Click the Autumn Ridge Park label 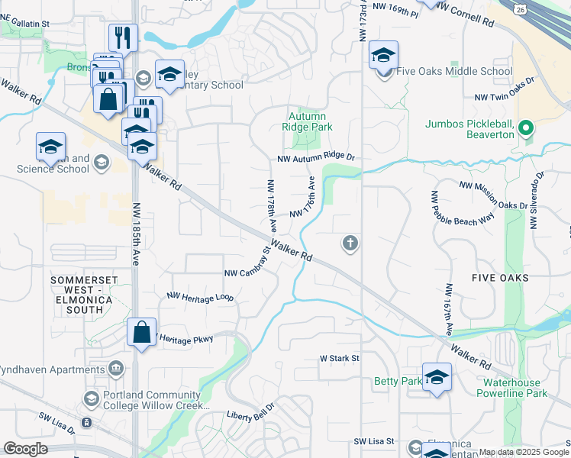coord(308,121)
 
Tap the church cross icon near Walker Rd coord(350,244)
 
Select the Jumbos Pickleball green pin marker coord(526,128)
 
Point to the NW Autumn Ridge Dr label coord(317,158)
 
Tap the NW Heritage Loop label coord(200,296)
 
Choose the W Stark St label coord(339,357)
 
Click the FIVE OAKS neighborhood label coord(500,278)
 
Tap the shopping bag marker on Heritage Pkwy coord(141,333)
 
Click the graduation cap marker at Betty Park coord(437,377)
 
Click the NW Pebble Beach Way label coord(463,208)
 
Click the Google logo coord(25,449)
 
